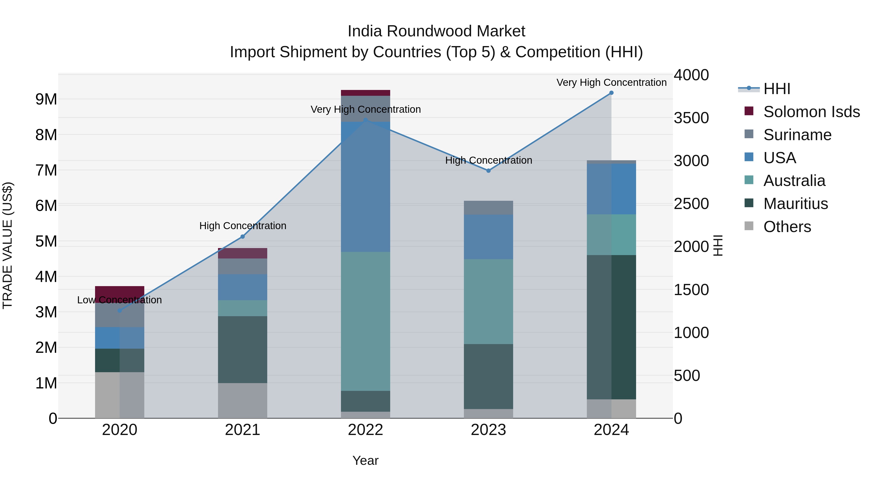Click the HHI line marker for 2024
(x=611, y=93)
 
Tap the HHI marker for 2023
(x=488, y=171)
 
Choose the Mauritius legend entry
(x=795, y=204)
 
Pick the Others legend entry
(x=787, y=227)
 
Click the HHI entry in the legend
(x=776, y=89)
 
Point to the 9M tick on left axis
(x=46, y=99)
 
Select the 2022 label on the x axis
(x=365, y=430)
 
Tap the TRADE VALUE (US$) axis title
(x=8, y=245)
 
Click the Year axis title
(x=365, y=460)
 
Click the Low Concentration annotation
(x=119, y=300)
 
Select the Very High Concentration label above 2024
(x=611, y=82)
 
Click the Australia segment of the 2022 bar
(x=365, y=321)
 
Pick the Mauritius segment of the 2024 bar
(x=611, y=327)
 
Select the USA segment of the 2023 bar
(x=488, y=237)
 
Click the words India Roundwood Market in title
(x=436, y=31)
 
